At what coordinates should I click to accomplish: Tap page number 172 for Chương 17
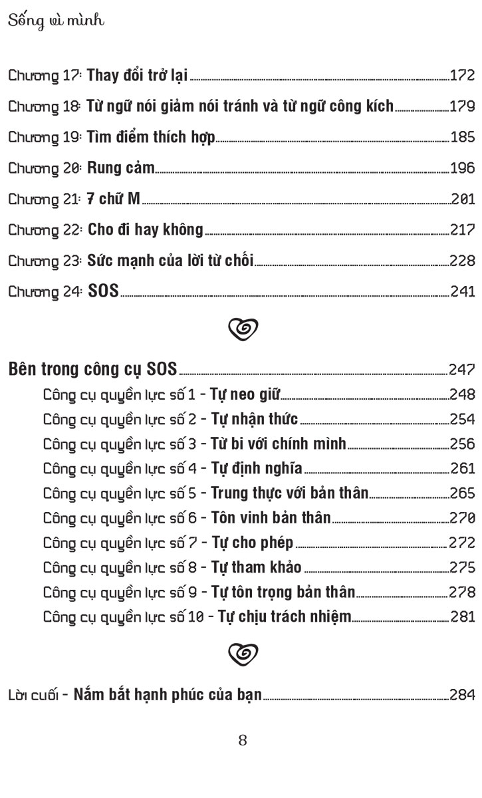pyautogui.click(x=462, y=76)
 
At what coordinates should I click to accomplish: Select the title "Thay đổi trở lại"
pyautogui.click(x=138, y=75)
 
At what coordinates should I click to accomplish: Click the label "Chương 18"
pyautogui.click(x=44, y=106)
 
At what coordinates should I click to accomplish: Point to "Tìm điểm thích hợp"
pyautogui.click(x=151, y=138)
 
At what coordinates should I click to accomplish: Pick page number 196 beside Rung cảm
pyautogui.click(x=462, y=168)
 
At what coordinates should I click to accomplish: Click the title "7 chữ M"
pyautogui.click(x=114, y=199)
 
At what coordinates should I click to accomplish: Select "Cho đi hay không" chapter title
pyautogui.click(x=145, y=229)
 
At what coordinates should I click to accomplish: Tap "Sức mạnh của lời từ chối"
pyautogui.click(x=170, y=261)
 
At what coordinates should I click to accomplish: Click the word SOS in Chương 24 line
pyautogui.click(x=103, y=291)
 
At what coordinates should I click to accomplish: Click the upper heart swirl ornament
pyautogui.click(x=242, y=327)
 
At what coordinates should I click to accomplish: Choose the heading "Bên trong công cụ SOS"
pyautogui.click(x=93, y=369)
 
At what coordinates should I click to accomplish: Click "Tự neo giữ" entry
pyautogui.click(x=245, y=395)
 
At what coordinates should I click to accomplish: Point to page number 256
pyautogui.click(x=462, y=444)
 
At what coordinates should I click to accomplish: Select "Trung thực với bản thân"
pyautogui.click(x=289, y=493)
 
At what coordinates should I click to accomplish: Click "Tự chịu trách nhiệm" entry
pyautogui.click(x=281, y=616)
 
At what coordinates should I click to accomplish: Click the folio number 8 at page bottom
pyautogui.click(x=242, y=740)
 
